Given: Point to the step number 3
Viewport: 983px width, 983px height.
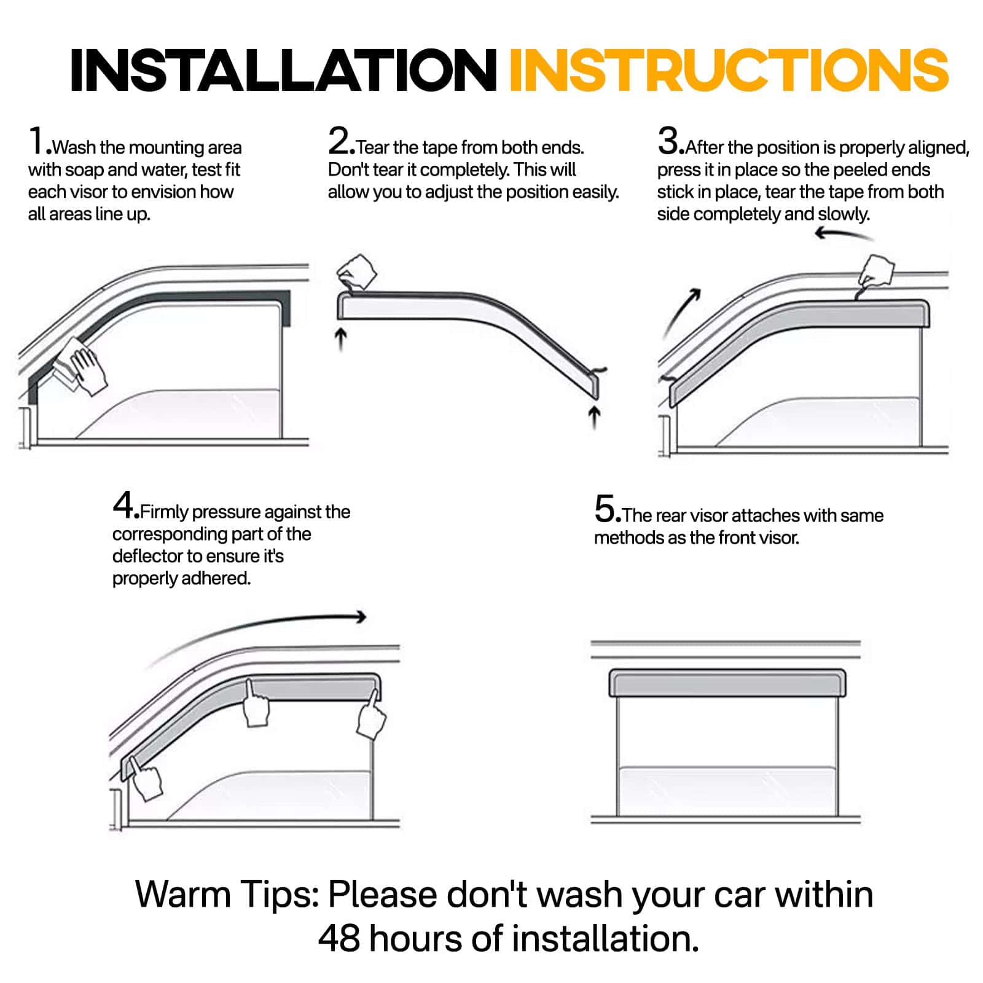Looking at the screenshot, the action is pyautogui.click(x=668, y=141).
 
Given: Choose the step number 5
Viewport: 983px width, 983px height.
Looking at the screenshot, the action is pyautogui.click(x=605, y=509).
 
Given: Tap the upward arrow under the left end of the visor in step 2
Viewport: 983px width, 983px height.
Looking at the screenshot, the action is pyautogui.click(x=342, y=339).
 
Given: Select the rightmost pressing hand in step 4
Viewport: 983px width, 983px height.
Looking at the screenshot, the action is pyautogui.click(x=371, y=716).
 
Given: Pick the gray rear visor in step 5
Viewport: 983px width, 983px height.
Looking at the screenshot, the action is pyautogui.click(x=727, y=683).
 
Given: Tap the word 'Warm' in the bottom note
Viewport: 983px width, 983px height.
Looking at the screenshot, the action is pyautogui.click(x=182, y=894).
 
